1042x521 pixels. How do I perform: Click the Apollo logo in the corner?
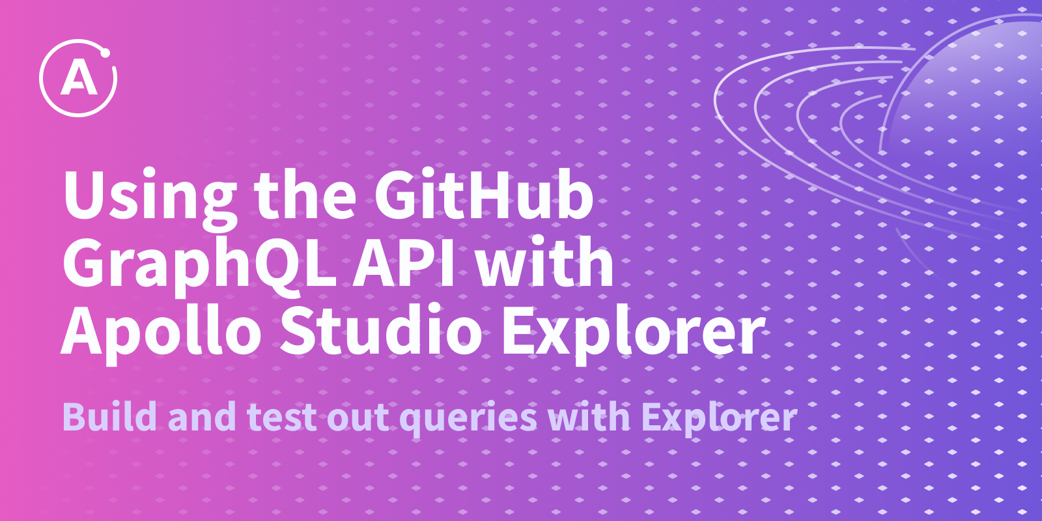[x=78, y=77]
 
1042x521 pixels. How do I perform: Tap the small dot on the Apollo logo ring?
[x=105, y=53]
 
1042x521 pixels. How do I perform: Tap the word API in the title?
[x=403, y=262]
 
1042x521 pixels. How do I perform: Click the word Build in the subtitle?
[x=109, y=415]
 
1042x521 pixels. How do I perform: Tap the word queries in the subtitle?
[x=468, y=419]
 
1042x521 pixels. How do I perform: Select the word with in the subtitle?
[x=589, y=415]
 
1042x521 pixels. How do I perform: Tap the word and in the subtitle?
[x=202, y=415]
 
